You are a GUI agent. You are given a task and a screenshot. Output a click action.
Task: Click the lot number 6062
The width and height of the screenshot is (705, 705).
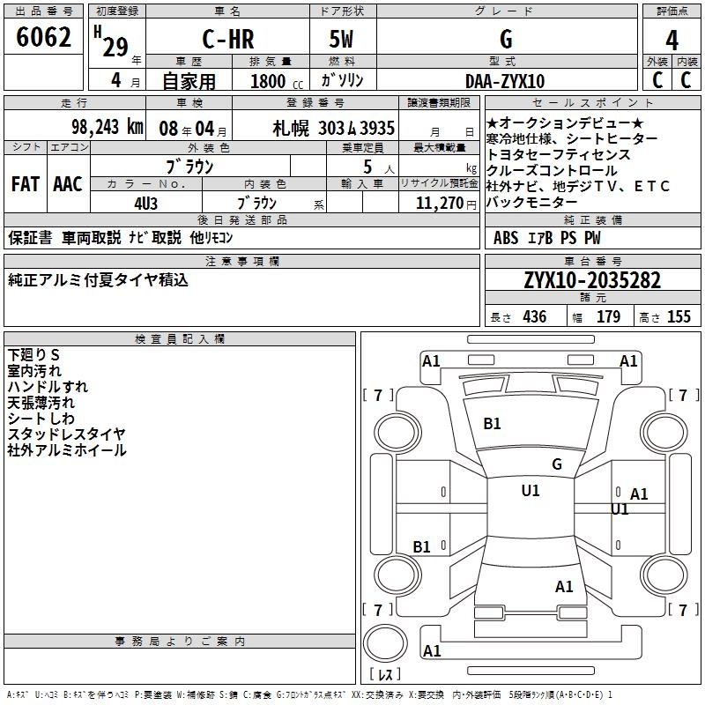[x=44, y=40]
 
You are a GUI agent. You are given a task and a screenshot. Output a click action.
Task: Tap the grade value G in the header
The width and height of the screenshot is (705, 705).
[x=506, y=40]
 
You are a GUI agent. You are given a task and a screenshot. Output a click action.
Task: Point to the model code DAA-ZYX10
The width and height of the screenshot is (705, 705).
[x=505, y=81]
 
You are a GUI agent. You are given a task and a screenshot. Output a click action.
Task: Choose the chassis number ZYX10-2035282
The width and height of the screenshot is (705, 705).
[x=592, y=280]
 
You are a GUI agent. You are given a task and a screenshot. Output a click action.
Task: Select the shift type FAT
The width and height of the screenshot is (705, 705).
[x=25, y=184]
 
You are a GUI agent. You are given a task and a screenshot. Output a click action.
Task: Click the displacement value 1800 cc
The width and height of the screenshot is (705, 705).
[x=273, y=81]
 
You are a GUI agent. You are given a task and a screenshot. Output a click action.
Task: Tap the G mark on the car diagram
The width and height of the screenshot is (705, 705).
[x=556, y=464]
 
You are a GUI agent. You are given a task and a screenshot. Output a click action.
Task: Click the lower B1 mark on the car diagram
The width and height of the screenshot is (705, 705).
[x=422, y=547]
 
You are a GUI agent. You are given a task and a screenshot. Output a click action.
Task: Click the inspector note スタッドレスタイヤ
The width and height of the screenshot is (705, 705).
[x=67, y=434]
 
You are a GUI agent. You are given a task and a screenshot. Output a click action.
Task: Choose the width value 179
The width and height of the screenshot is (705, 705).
[x=608, y=317]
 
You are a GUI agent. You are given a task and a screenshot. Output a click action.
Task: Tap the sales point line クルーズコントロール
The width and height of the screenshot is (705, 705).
[x=552, y=170]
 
